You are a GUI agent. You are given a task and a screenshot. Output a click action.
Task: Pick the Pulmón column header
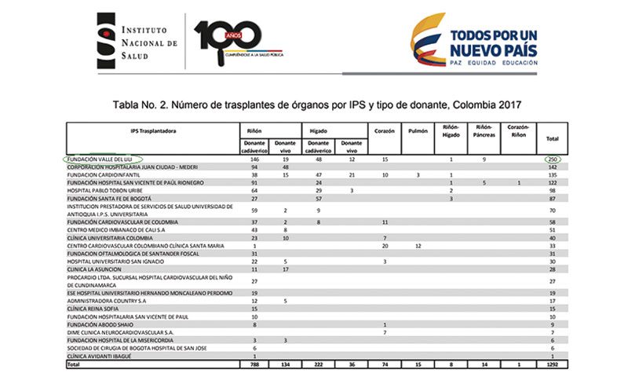coord(419,131)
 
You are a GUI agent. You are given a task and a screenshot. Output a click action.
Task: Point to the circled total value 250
coord(553,159)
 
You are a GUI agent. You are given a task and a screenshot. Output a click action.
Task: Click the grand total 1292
coord(551,364)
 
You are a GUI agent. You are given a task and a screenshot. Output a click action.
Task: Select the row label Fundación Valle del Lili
coord(102,159)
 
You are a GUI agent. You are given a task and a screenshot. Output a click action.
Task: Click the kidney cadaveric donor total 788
coord(254,364)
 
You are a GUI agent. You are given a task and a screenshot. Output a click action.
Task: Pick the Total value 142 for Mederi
coord(553,167)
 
